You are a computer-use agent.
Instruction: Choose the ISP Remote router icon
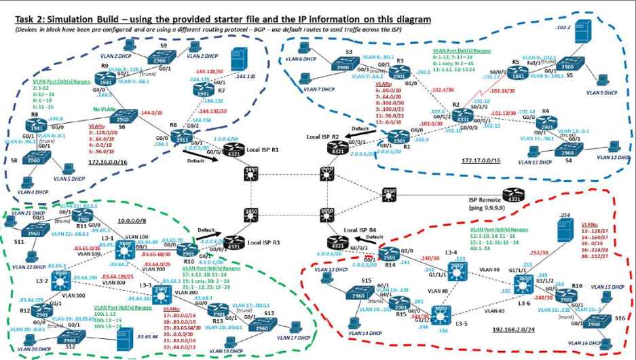coord(513,197)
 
